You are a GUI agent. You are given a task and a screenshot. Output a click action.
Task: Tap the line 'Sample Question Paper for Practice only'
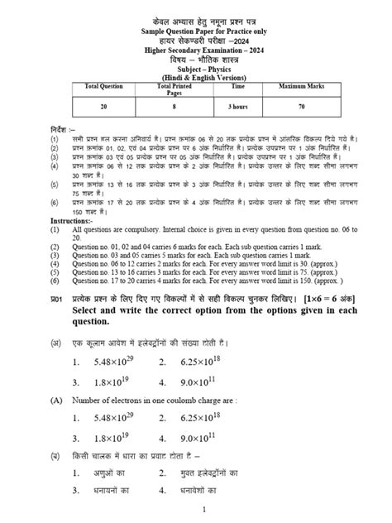click(x=195, y=28)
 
